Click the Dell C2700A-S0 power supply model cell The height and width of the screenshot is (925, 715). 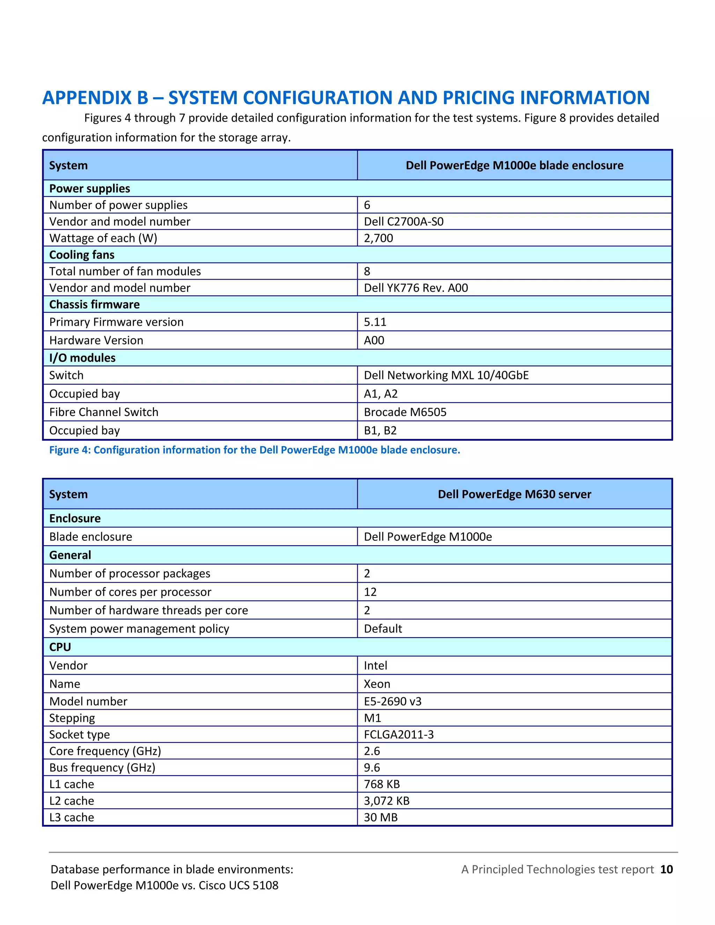point(404,222)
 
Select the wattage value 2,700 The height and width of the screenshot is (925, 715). point(378,238)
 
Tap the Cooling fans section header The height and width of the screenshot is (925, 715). point(82,254)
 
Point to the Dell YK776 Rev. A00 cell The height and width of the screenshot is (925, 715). point(415,288)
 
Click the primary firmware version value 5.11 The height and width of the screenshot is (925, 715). point(375,322)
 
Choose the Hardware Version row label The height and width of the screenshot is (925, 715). point(96,341)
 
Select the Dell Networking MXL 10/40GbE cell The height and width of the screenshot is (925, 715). point(446,375)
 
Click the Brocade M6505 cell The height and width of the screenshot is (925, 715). point(405,412)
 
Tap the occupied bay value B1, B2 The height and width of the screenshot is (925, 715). point(380,430)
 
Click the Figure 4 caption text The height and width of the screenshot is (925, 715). point(255,450)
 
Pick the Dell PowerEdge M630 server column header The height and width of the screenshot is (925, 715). point(514,494)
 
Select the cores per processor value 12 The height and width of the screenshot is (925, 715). point(370,592)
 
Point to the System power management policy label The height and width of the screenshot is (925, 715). point(139,629)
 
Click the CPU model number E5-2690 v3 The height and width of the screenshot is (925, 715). point(393,701)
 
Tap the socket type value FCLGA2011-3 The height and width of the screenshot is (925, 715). point(399,734)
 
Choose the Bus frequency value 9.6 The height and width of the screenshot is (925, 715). point(372,768)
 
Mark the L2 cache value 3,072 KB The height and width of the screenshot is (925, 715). point(386,801)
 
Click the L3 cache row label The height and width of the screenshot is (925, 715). point(72,817)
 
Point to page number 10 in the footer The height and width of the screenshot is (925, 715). point(666,869)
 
